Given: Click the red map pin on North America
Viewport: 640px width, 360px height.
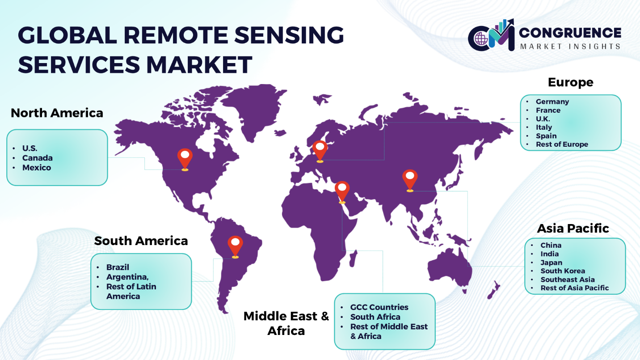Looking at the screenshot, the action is [x=185, y=160].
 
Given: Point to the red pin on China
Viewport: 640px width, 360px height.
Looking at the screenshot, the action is [x=410, y=181].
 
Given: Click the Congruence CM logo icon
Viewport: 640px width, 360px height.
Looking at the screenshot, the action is [x=491, y=35].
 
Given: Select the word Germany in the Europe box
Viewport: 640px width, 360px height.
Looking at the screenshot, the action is [x=552, y=102].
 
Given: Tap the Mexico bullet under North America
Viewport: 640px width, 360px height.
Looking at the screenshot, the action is [x=37, y=168].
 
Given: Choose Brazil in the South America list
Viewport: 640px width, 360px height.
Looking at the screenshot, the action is [x=118, y=267].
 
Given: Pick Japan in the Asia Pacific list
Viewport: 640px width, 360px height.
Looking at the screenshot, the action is [x=551, y=263].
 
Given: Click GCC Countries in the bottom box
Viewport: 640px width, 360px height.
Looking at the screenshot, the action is [x=379, y=307].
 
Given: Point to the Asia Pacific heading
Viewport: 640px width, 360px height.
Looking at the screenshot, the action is [x=573, y=229].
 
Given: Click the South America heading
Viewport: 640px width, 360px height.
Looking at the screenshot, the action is [x=141, y=241].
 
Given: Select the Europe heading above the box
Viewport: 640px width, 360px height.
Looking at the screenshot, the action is [x=570, y=82].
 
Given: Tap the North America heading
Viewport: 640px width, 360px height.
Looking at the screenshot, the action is [x=57, y=113].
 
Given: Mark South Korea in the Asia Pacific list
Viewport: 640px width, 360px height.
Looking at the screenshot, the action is [x=563, y=271].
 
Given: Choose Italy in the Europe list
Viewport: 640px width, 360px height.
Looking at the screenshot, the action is [x=544, y=127].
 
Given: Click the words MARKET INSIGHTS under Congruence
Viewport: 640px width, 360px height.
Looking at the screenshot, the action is [x=570, y=47].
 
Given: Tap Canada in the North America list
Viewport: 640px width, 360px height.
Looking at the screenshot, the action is [x=38, y=158].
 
